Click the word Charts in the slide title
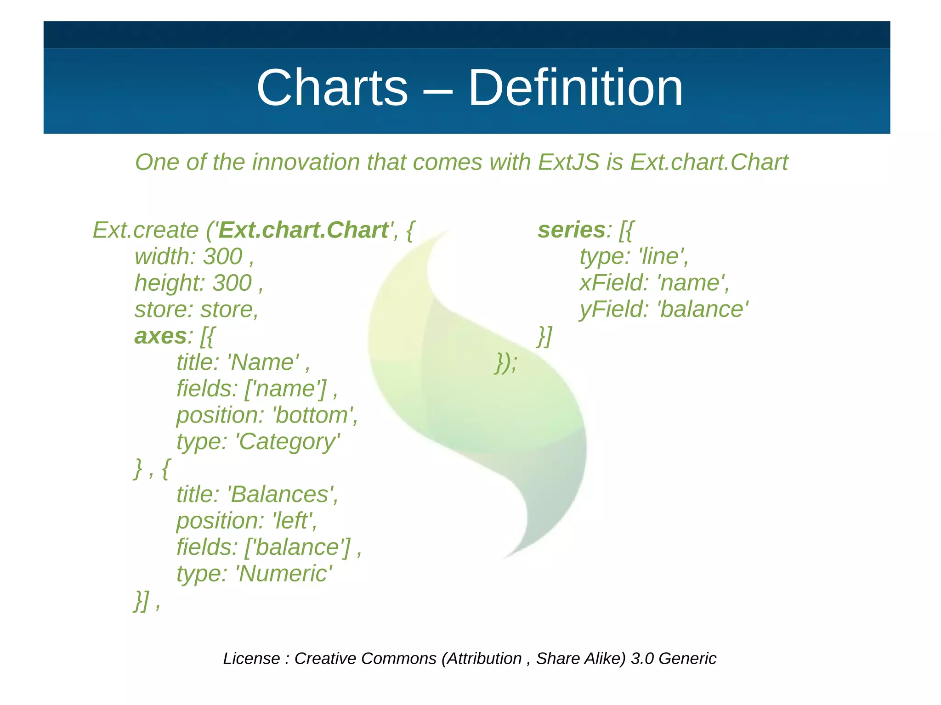coord(332,88)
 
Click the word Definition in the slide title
coord(575,88)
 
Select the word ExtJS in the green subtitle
coord(569,162)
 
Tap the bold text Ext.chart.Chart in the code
coord(303,230)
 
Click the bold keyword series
coord(571,230)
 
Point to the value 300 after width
coord(223,256)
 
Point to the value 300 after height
coord(232,283)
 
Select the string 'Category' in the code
coord(288,442)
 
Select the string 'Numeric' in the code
coord(283,574)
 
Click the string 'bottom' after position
coord(313,415)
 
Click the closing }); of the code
coord(506,363)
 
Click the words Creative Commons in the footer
coord(365,659)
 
